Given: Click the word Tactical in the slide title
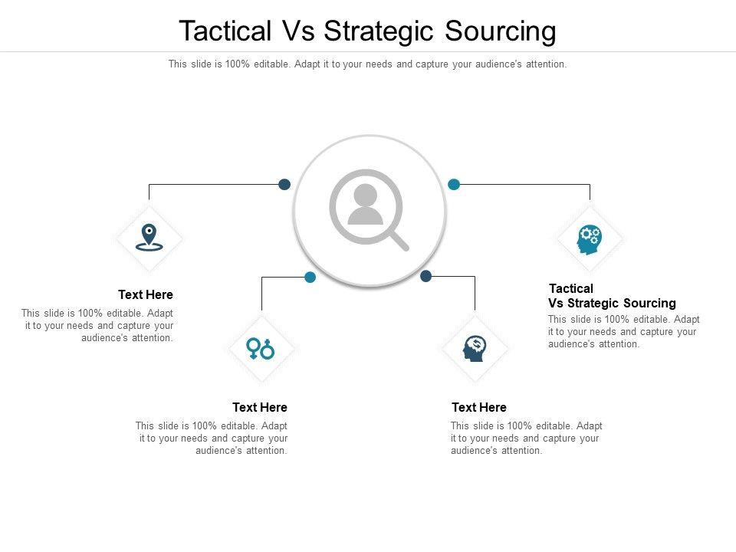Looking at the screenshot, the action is (x=225, y=31).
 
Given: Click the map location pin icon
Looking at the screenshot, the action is (x=149, y=238).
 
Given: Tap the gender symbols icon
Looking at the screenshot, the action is (x=261, y=349).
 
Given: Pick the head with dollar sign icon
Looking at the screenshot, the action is (x=475, y=349).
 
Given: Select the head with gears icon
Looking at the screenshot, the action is (x=589, y=239).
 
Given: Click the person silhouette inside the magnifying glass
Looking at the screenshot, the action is (x=365, y=205).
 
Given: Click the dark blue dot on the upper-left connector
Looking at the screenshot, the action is (x=284, y=184).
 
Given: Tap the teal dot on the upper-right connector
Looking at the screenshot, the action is (x=454, y=184).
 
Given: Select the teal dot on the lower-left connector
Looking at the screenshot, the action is (x=310, y=277).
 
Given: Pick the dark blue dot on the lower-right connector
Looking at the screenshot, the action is (x=426, y=276).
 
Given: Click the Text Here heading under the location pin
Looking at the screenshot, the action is (x=146, y=294).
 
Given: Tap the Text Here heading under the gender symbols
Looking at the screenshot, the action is (x=260, y=407).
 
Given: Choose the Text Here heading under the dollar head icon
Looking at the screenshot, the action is (x=479, y=407).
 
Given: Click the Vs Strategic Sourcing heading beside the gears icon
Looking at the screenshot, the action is (x=612, y=303).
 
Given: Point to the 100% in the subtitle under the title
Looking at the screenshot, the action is (x=237, y=64).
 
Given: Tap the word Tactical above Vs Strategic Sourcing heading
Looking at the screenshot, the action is (x=571, y=288).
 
